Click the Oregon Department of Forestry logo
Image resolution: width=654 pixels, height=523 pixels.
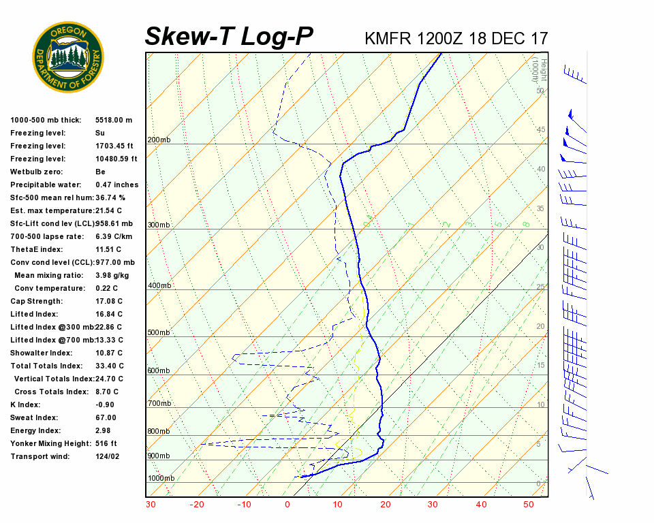(x=68, y=57)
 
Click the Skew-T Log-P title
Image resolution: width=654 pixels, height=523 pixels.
(x=229, y=36)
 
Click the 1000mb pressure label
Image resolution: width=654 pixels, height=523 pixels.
(x=161, y=478)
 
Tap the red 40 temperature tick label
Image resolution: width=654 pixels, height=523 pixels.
(x=481, y=505)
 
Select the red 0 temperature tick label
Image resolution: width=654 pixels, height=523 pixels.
(x=287, y=505)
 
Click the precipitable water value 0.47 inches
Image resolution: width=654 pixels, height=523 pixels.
(x=116, y=185)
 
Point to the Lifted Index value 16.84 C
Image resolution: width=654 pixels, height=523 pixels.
(x=109, y=314)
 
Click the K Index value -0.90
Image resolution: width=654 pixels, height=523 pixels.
(x=106, y=405)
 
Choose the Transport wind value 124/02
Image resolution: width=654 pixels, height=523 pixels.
(x=108, y=456)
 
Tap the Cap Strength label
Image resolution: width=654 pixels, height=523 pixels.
(x=36, y=301)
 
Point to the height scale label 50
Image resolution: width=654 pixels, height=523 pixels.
(x=540, y=91)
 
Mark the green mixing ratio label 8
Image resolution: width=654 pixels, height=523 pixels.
(x=525, y=224)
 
